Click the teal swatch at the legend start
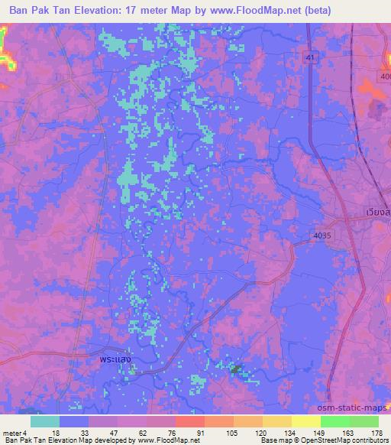[x=44, y=421]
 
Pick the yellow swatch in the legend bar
[x=306, y=421]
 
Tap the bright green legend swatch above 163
[x=335, y=421]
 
